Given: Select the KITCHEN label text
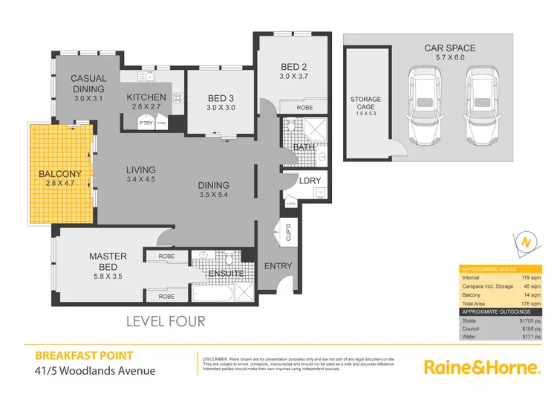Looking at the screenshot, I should tap(146, 97).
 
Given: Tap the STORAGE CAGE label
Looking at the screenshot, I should tap(365, 103).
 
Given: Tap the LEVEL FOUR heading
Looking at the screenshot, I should tap(165, 322).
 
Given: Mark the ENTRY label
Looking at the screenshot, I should tap(278, 266).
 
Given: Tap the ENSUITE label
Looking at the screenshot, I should tap(227, 274).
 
